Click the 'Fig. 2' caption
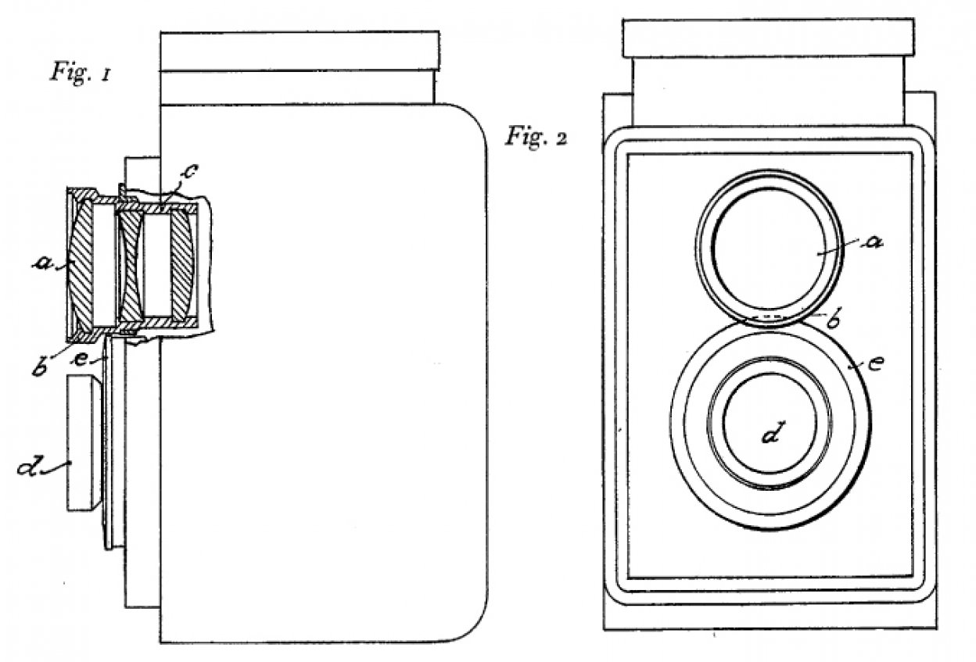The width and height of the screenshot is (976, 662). pos(537,138)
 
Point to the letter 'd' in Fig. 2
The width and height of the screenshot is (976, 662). pos(772,431)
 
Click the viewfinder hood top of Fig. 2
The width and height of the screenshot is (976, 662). pos(768,38)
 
